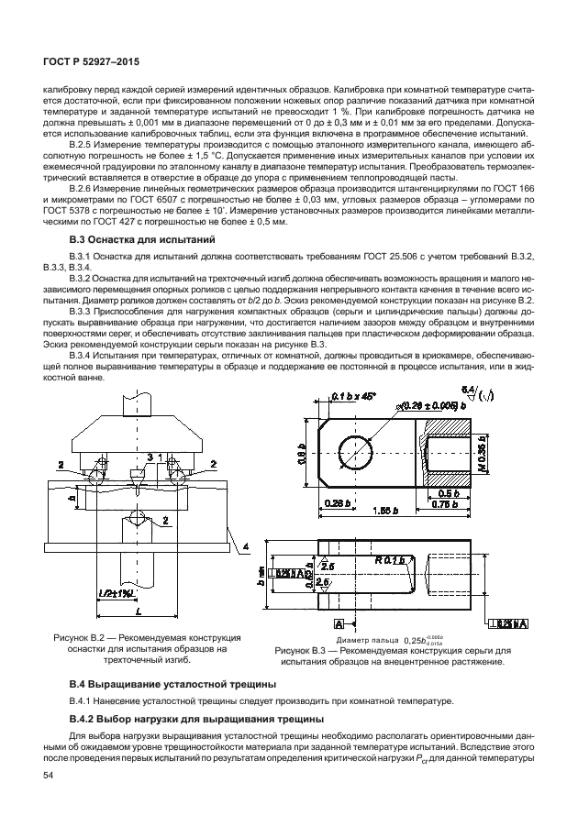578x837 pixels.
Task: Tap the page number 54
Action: pyautogui.click(x=49, y=776)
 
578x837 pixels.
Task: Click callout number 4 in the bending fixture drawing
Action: pyautogui.click(x=245, y=547)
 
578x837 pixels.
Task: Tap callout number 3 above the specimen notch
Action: pyautogui.click(x=150, y=457)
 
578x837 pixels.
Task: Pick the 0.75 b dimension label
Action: pyautogui.click(x=443, y=503)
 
